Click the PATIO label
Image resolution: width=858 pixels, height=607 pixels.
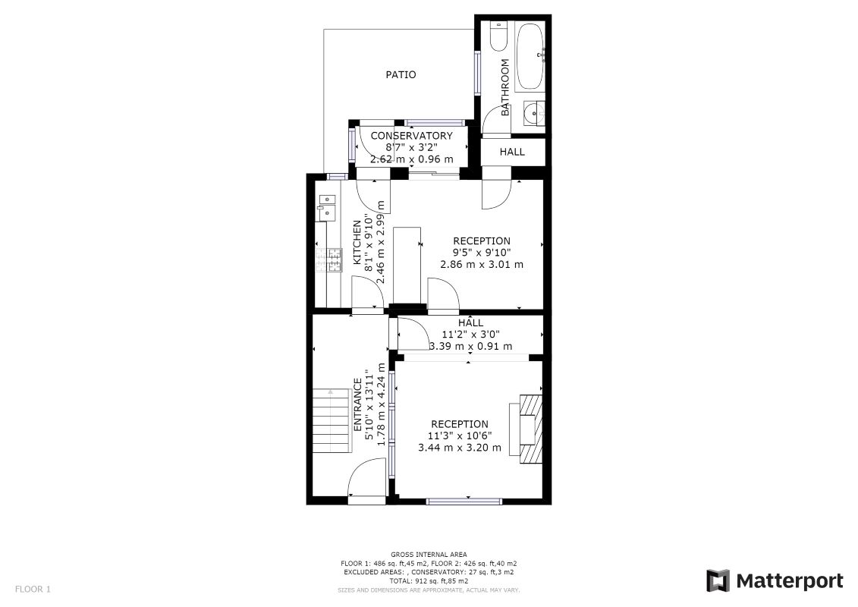[x=401, y=74]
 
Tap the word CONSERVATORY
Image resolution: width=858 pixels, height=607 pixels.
[x=411, y=136]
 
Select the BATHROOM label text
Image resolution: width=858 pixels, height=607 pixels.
[x=505, y=87]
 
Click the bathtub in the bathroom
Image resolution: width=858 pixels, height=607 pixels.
[x=530, y=56]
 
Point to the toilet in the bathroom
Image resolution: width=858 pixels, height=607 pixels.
[x=498, y=36]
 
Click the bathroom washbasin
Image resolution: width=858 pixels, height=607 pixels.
[x=534, y=114]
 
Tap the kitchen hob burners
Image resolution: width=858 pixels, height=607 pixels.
[x=329, y=260]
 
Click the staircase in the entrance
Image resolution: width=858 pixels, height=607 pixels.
[x=332, y=420]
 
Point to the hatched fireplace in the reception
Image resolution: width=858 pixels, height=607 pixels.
[x=530, y=429]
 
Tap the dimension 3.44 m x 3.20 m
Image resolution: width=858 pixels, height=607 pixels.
[x=460, y=448]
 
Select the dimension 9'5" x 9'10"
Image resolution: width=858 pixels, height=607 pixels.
[x=482, y=253]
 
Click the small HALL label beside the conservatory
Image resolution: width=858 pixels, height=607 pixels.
[x=512, y=152]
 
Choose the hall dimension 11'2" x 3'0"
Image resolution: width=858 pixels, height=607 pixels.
[x=470, y=335]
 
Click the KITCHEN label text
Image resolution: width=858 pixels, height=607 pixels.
[x=357, y=243]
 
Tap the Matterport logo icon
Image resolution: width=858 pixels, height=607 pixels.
[x=718, y=580]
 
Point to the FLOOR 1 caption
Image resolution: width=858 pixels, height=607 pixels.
[x=33, y=590]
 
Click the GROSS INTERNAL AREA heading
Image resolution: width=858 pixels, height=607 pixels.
[x=429, y=555]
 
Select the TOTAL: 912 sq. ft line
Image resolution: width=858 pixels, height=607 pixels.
[x=429, y=580]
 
